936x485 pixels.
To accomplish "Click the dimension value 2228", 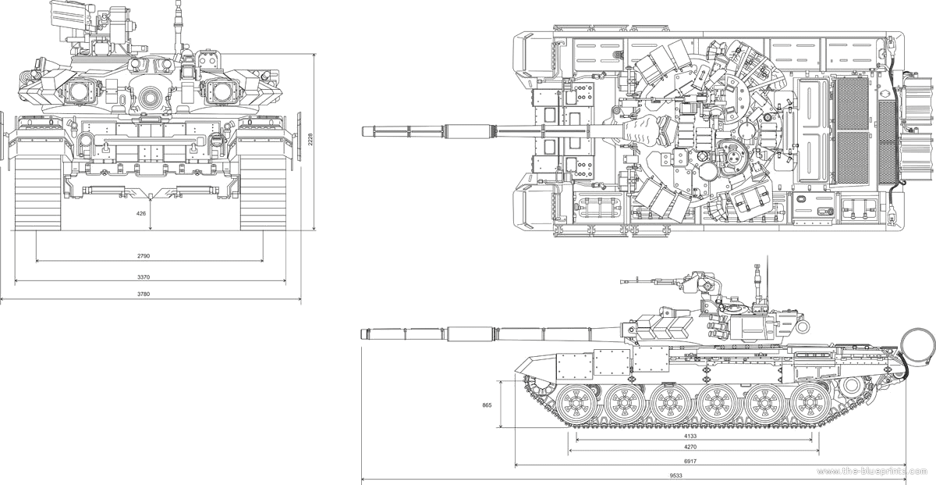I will point(310,141).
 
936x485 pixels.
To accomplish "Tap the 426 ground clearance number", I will point(141,212).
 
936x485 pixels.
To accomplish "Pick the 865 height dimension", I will point(487,405).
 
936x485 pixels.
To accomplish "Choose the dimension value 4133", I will point(692,437).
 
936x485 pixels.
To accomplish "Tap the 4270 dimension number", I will point(692,447).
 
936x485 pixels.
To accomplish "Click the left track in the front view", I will point(37,191).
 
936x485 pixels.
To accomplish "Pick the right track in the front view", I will point(263,191).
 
